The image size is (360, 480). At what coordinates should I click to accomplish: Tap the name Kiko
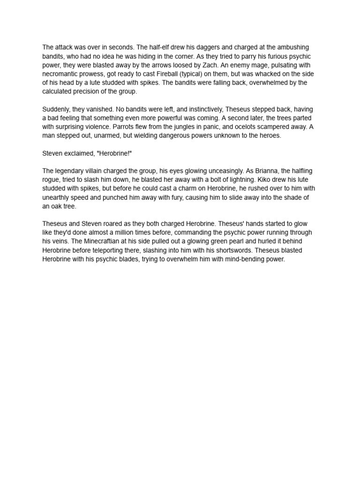265,180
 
